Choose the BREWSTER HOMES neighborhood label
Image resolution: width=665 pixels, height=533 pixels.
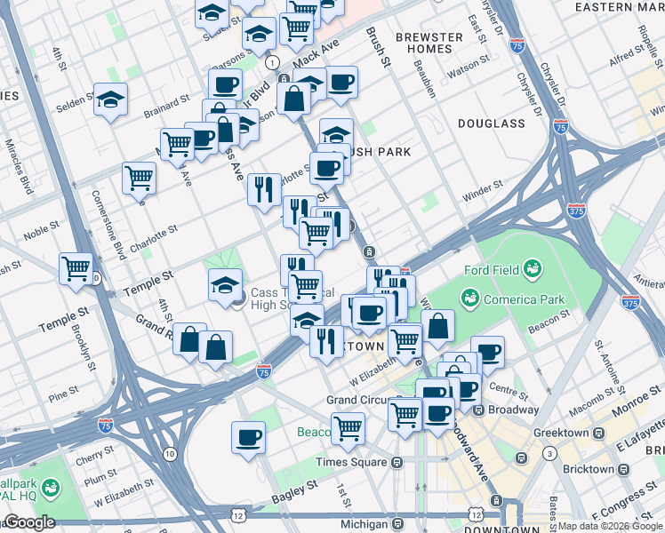pyautogui.click(x=429, y=44)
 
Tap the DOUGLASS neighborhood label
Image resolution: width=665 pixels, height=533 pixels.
pyautogui.click(x=492, y=123)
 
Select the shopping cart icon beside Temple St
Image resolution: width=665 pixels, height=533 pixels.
pyautogui.click(x=76, y=266)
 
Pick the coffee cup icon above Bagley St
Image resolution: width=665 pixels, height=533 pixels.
pyautogui.click(x=248, y=436)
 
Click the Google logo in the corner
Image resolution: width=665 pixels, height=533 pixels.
pyautogui.click(x=29, y=522)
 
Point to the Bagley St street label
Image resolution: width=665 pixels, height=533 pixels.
pyautogui.click(x=295, y=488)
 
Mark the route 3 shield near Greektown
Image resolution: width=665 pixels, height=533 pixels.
pyautogui.click(x=550, y=454)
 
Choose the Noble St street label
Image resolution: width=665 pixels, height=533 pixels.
pyautogui.click(x=41, y=232)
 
